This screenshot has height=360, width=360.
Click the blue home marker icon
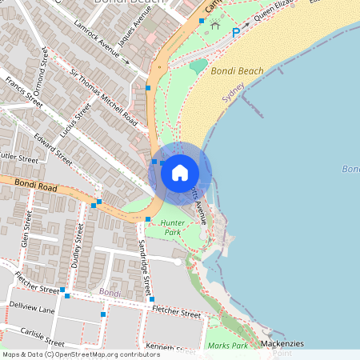coord(180,172)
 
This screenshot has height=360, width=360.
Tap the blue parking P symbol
coord(236,32)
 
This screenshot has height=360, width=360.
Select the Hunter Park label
coord(173,227)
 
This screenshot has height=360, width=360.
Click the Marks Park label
coord(228,346)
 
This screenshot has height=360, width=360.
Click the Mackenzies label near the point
coord(282,343)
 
